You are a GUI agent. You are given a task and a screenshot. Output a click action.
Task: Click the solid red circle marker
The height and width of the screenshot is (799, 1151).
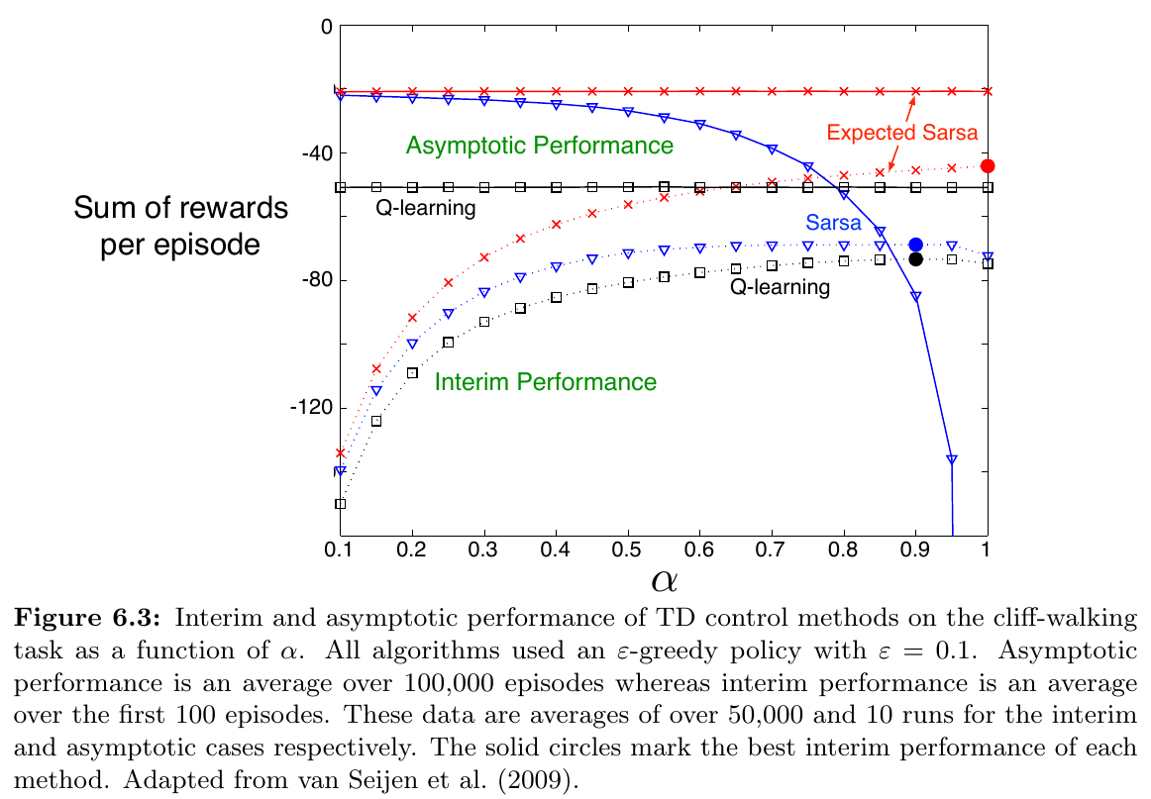987,166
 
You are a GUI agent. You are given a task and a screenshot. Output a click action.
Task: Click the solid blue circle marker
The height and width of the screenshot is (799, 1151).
915,245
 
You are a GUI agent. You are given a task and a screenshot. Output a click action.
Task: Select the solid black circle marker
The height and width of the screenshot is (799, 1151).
915,259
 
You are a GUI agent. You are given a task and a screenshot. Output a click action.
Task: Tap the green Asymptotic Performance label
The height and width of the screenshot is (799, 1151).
540,147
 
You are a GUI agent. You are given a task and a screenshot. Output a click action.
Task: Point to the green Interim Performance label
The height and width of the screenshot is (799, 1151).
546,382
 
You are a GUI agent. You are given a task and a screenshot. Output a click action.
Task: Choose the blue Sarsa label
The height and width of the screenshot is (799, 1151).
833,224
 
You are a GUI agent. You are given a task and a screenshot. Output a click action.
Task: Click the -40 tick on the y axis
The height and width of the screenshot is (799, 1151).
310,153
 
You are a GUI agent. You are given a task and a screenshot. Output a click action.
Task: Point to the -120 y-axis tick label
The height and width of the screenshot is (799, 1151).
306,408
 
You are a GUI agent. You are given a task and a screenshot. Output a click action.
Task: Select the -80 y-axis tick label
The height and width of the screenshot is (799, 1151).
310,280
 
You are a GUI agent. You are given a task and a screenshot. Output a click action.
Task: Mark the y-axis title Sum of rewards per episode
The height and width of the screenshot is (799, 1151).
180,226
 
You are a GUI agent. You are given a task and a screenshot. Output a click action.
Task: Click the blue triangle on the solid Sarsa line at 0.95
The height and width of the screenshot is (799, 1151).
951,459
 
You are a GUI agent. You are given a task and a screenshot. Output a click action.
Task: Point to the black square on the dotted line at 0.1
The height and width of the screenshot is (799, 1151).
341,504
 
